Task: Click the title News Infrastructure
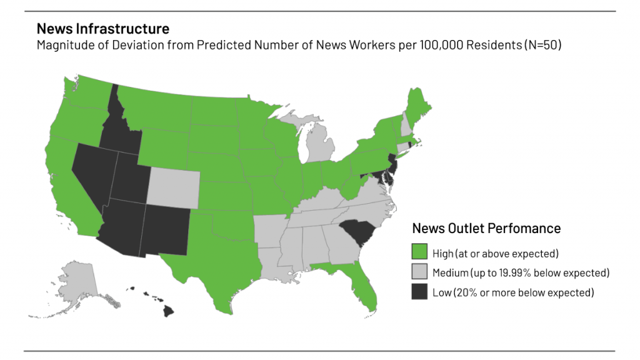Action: pos(102,29)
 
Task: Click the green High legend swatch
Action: pos(419,252)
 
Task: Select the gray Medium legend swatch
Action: pos(419,272)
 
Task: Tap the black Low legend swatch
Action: pos(419,292)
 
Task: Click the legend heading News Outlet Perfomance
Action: pos(486,228)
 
